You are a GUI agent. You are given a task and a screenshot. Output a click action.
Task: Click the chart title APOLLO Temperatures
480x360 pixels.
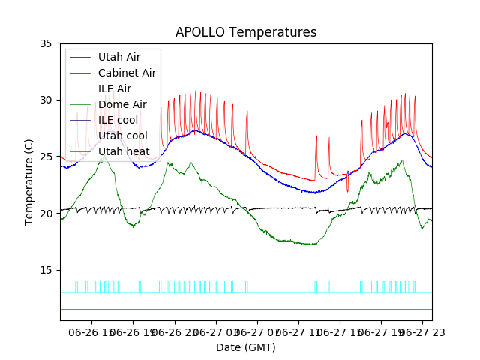pyautogui.click(x=246, y=32)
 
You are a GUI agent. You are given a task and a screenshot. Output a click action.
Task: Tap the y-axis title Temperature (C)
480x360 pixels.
pyautogui.click(x=28, y=181)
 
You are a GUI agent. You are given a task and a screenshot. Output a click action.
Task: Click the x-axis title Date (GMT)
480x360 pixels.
pyautogui.click(x=246, y=347)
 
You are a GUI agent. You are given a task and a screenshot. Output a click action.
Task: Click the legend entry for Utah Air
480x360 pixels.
pyautogui.click(x=118, y=56)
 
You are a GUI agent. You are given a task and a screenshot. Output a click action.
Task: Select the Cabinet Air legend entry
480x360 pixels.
pyautogui.click(x=127, y=73)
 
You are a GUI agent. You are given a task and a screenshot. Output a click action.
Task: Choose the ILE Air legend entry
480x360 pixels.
pyautogui.click(x=114, y=88)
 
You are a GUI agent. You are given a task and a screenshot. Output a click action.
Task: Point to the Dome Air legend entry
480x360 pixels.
pyautogui.click(x=122, y=104)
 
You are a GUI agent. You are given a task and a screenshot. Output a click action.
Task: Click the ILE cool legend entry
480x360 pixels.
pyautogui.click(x=117, y=120)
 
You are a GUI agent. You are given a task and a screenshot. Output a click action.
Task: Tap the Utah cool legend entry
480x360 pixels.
pyautogui.click(x=122, y=136)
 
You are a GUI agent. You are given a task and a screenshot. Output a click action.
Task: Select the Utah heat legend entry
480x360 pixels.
pyautogui.click(x=124, y=151)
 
